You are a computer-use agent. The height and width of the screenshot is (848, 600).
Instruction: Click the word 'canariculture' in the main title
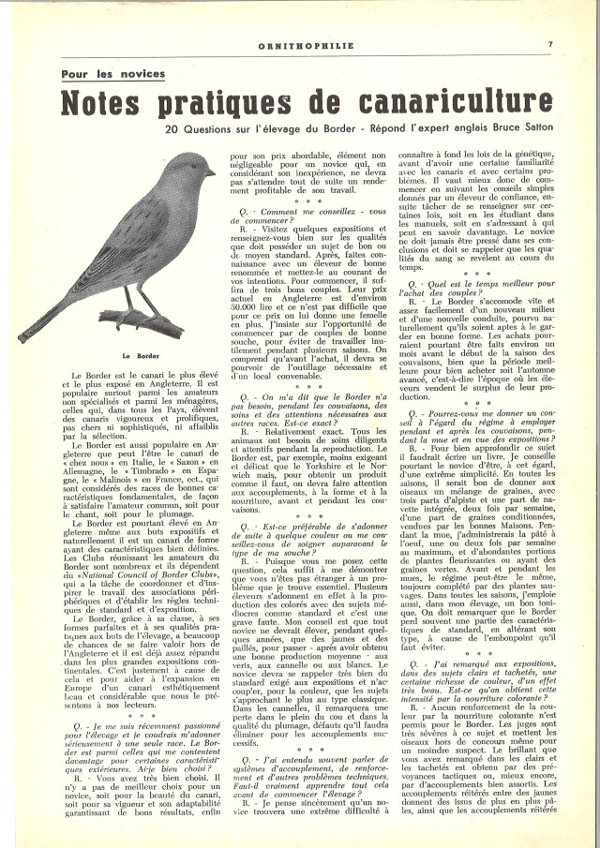[445, 101]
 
